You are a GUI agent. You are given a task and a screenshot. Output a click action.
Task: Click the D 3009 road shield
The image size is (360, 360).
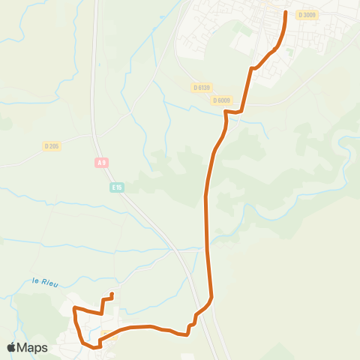tap(307, 14)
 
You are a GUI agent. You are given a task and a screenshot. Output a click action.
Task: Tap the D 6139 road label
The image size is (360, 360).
tap(200, 87)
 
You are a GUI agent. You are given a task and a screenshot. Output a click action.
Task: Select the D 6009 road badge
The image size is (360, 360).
tap(221, 100)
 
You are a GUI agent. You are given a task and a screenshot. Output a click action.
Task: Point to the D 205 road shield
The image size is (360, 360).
tap(52, 145)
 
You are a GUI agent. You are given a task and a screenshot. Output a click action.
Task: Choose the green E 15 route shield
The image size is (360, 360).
tap(116, 187)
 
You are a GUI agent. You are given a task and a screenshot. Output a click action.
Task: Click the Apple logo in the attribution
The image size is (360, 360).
tap(12, 347)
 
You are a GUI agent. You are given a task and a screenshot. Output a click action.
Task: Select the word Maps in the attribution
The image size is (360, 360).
tap(33, 347)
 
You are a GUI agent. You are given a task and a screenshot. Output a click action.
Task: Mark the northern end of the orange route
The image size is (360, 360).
tap(286, 12)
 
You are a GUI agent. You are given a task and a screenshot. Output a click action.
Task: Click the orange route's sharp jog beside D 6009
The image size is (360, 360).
tap(226, 112)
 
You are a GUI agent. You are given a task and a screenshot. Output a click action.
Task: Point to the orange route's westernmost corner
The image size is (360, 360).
tap(73, 308)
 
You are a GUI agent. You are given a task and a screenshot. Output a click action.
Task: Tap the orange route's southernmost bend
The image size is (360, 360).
tap(95, 348)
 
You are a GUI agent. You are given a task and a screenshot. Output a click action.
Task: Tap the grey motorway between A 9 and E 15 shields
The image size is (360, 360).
tap(107, 174)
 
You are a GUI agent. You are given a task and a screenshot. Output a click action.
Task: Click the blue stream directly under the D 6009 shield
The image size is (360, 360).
tap(225, 107)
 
